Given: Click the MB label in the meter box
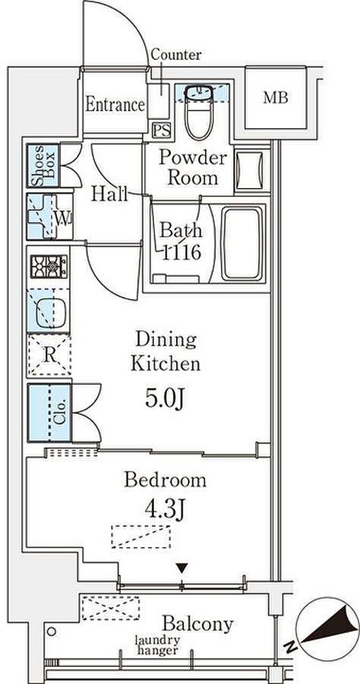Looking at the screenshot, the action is [x=276, y=98].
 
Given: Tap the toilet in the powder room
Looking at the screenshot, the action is [x=199, y=112].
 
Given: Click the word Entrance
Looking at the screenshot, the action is [x=115, y=104].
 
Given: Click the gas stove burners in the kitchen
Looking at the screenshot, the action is [x=49, y=267].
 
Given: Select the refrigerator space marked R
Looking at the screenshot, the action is [x=50, y=354].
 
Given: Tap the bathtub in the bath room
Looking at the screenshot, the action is [x=243, y=244].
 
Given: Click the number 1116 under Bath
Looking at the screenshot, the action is [x=182, y=252].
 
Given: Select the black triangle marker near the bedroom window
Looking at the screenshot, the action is [x=182, y=568].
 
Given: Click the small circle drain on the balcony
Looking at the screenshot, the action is [x=52, y=631].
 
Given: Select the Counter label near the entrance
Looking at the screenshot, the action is [x=176, y=55].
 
